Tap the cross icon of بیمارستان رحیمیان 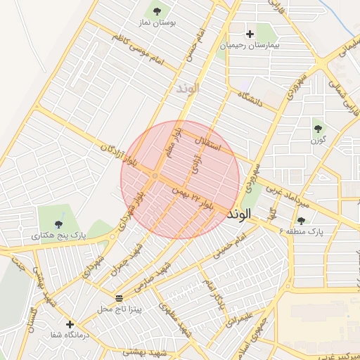coord(249,33)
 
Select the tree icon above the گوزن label coord(319,128)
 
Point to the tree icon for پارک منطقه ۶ coord(302,220)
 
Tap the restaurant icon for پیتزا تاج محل coord(118,297)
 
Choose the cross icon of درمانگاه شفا coord(69,324)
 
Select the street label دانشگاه coord(249,98)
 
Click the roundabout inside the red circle coord(155,176)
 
